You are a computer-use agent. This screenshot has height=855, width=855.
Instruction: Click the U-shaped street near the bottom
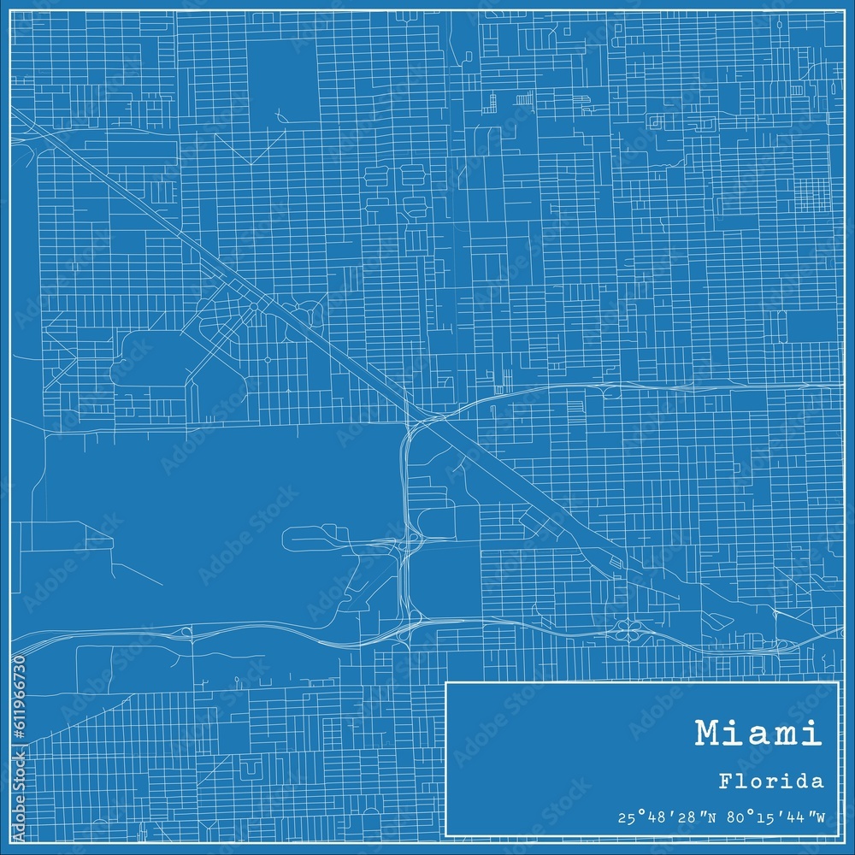[x=250, y=771]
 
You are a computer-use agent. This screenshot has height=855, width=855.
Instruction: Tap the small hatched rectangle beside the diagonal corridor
[x=615, y=563]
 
